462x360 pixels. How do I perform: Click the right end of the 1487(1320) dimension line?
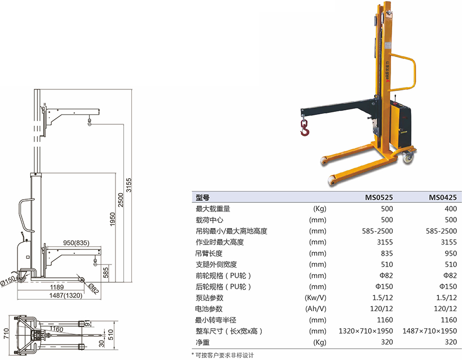click(101, 299)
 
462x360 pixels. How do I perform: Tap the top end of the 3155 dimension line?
click(132, 89)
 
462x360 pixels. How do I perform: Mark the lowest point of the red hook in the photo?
click(304, 136)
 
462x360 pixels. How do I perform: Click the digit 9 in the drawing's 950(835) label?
click(65, 243)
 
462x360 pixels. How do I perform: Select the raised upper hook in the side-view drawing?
click(89, 121)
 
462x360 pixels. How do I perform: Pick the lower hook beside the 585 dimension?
click(95, 262)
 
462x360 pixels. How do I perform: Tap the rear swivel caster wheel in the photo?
click(408, 157)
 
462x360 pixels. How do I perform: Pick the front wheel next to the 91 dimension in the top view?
click(81, 324)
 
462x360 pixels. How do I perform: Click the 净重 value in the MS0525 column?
click(387, 342)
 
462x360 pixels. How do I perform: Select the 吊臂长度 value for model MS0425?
click(451, 253)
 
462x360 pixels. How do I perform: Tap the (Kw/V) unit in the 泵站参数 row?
click(316, 298)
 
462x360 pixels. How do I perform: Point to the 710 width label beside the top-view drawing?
click(6, 333)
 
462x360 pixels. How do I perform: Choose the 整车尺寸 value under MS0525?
click(365, 331)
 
